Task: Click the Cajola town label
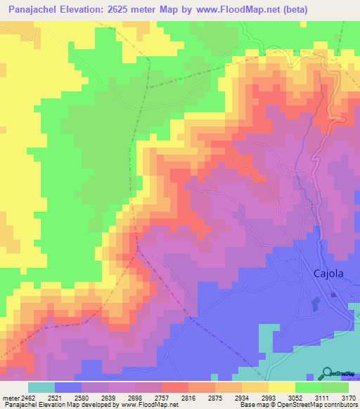328,274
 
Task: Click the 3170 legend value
347,398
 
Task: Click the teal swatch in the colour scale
41,387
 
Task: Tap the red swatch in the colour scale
174,387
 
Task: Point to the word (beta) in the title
337,10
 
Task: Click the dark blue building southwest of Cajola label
316,304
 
